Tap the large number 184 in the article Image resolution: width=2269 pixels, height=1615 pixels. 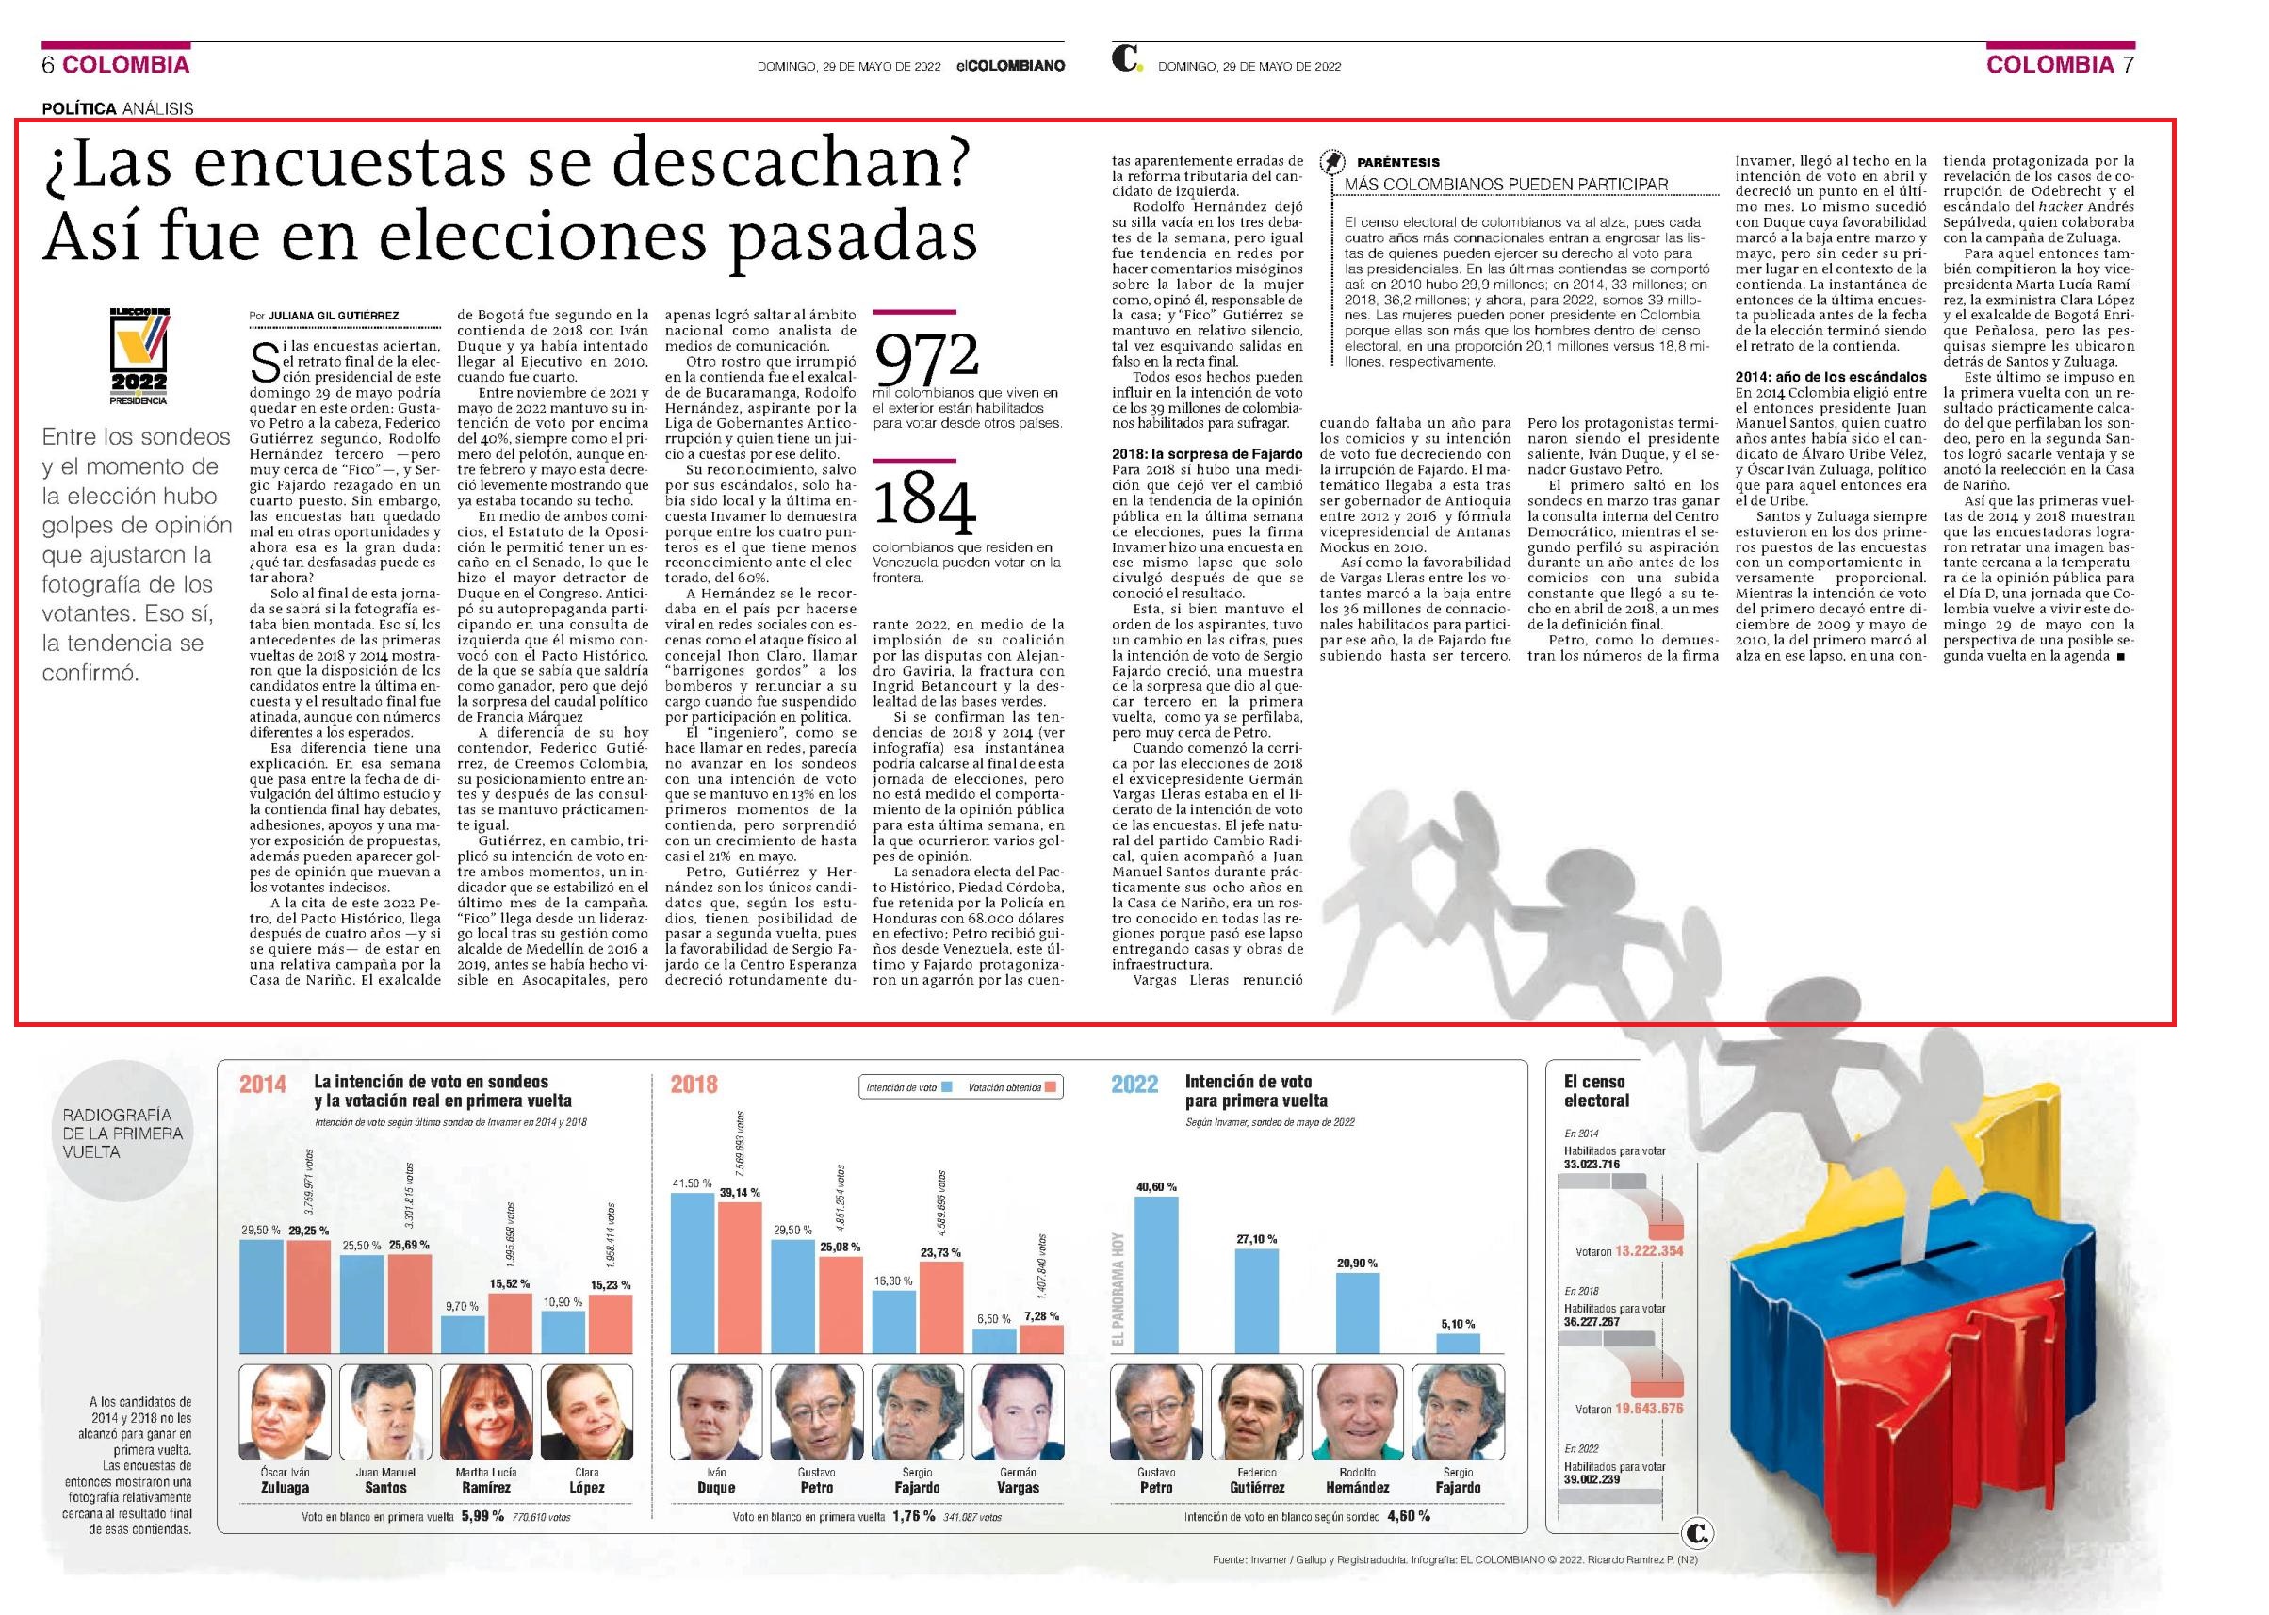coord(924,507)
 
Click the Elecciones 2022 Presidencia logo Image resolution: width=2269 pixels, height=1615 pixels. coord(139,356)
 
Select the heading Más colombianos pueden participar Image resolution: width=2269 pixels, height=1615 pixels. coord(1507,185)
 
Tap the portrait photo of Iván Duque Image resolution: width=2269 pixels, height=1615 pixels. coord(716,1412)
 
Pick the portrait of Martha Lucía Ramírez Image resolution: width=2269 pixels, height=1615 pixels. coord(486,1412)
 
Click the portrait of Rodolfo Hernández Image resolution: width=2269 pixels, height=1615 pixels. coord(1357,1412)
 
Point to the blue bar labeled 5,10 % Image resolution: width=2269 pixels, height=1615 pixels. coord(1459,1343)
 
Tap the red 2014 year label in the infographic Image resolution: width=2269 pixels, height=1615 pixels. coord(263,1085)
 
